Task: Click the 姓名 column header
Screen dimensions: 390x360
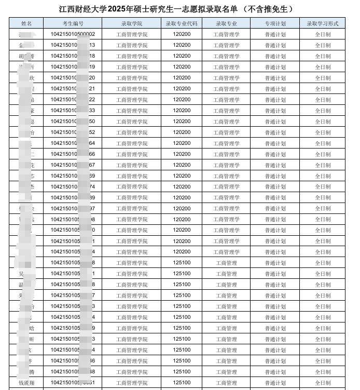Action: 26,23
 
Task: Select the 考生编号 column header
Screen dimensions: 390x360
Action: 73,23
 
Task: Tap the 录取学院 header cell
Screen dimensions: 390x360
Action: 131,23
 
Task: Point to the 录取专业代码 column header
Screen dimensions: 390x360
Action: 182,23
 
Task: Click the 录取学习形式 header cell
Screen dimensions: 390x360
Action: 322,23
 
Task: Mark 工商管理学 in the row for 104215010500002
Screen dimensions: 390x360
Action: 226,34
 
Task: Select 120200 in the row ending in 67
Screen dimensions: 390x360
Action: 182,165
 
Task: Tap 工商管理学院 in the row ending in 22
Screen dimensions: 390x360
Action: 131,100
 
